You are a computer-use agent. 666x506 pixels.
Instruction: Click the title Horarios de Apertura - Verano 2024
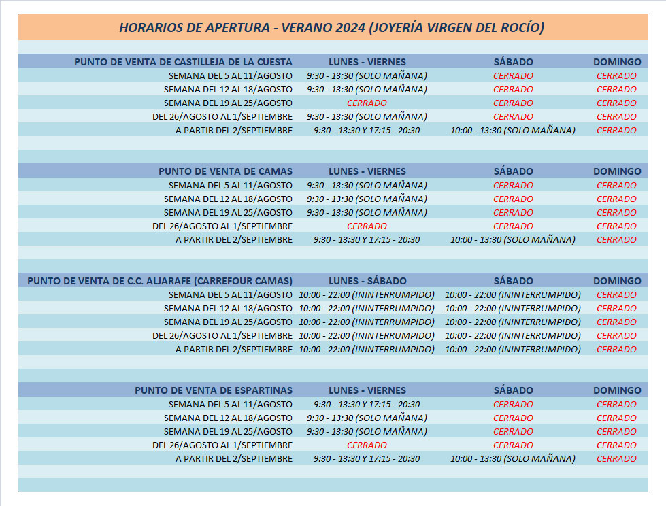(331, 28)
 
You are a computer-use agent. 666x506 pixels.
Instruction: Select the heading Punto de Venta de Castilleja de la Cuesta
(183, 62)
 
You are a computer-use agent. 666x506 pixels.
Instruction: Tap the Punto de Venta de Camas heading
(225, 171)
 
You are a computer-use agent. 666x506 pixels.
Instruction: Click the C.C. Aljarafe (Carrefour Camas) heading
(160, 281)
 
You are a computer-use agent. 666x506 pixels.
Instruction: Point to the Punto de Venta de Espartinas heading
(214, 390)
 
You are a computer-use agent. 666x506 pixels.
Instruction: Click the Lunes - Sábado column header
(367, 281)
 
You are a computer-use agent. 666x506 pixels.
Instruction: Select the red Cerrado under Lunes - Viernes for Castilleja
(367, 103)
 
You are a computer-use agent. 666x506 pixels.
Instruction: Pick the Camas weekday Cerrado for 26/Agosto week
(367, 226)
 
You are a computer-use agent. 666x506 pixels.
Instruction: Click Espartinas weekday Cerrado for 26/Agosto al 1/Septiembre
(367, 445)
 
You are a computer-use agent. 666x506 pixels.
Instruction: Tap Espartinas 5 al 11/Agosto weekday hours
(367, 405)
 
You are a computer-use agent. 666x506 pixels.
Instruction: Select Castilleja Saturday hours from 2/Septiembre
(513, 131)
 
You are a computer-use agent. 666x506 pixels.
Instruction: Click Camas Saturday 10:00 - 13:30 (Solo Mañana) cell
(513, 240)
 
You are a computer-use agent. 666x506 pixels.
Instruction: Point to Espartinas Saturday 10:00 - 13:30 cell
(513, 459)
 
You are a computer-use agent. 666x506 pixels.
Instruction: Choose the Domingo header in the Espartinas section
(617, 390)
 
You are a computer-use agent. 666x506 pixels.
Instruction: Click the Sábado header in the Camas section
(513, 171)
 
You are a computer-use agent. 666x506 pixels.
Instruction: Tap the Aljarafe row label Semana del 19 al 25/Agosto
(228, 322)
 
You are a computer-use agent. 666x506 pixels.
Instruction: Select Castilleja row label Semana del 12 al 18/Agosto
(228, 90)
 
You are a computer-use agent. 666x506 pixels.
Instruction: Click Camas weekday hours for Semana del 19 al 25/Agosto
(367, 213)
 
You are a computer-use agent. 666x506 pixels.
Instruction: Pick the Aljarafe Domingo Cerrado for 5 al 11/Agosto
(616, 295)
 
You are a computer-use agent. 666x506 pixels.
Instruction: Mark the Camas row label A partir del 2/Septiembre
(234, 240)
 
